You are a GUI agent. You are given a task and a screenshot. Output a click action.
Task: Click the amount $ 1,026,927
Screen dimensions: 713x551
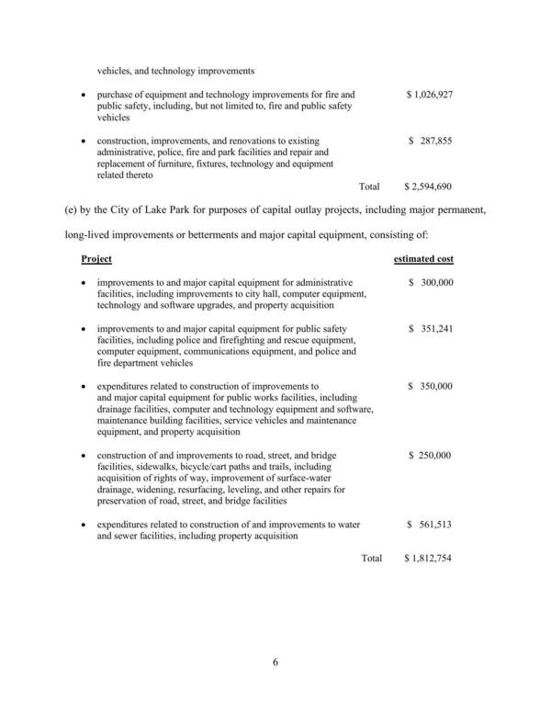click(x=430, y=95)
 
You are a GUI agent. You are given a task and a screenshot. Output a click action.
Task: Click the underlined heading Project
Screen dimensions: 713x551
click(x=96, y=260)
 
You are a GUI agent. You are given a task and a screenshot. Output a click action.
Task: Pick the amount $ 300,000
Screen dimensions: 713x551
click(x=431, y=283)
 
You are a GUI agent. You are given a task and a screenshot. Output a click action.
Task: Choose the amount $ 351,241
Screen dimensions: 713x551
click(x=431, y=329)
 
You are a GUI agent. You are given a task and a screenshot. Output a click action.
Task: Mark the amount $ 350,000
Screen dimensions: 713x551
click(x=431, y=387)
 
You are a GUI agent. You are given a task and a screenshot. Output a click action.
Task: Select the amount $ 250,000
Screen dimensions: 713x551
click(x=431, y=456)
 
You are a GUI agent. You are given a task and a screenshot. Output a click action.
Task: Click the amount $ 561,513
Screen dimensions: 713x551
click(x=431, y=525)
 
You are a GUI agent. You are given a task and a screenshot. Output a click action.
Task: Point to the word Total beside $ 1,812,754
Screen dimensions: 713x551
click(x=371, y=559)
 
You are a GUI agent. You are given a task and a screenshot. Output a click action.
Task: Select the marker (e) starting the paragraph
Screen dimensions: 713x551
click(x=71, y=210)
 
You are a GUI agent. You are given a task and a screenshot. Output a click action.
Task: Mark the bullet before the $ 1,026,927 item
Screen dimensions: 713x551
click(x=84, y=96)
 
